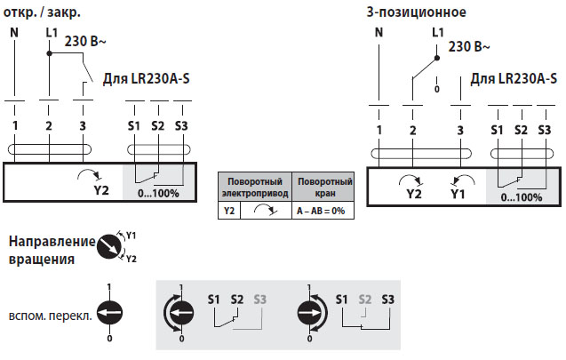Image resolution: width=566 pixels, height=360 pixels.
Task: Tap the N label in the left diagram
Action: click(x=14, y=33)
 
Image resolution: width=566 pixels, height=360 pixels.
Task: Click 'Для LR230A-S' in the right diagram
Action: click(x=514, y=78)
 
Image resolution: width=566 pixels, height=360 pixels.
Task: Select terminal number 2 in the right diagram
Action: click(x=412, y=130)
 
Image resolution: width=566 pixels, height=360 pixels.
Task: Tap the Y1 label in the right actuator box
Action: click(x=457, y=192)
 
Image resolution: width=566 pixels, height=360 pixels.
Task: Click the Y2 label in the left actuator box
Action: click(x=100, y=188)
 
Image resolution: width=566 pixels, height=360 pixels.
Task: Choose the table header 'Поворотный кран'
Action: click(x=323, y=187)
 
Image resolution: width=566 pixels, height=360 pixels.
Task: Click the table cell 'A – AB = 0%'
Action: click(x=323, y=211)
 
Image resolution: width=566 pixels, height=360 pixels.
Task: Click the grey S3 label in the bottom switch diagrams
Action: click(x=259, y=299)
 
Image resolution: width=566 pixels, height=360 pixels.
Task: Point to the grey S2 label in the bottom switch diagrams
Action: click(x=363, y=299)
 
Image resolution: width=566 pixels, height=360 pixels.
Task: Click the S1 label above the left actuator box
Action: click(x=134, y=125)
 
